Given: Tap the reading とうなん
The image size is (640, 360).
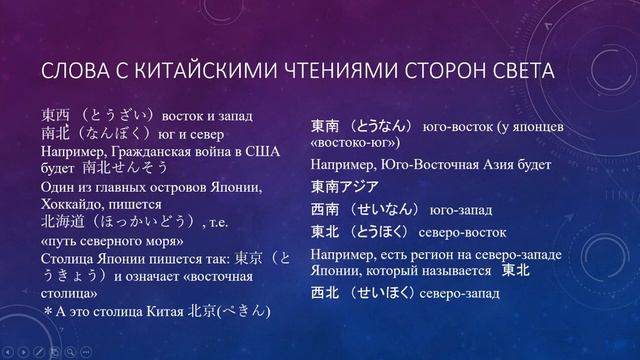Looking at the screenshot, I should pyautogui.click(x=382, y=127).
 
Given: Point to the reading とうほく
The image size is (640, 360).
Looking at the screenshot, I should pyautogui.click(x=382, y=232).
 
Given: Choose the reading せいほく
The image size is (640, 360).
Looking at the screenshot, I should pyautogui.click(x=382, y=295).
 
